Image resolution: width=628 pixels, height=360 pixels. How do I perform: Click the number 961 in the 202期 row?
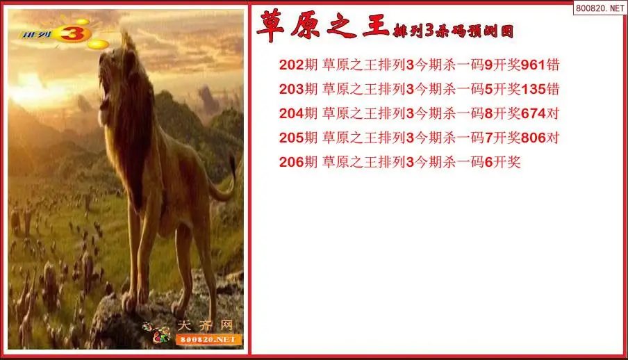coord(533,65)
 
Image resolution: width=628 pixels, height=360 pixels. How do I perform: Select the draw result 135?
coord(533,89)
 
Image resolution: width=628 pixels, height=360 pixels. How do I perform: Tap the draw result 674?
coord(533,113)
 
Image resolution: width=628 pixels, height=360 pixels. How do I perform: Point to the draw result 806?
coord(533,138)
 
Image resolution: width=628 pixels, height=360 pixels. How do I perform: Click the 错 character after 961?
coord(553,65)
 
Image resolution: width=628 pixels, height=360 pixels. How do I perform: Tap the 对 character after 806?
coord(553,138)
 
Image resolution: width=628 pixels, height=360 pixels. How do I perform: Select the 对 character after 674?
coord(553,113)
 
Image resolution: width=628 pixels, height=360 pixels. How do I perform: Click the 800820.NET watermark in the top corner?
coord(600,8)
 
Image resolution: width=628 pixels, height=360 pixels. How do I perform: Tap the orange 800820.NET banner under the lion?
coord(208,340)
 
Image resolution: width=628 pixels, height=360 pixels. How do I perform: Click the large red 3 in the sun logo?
coord(72,33)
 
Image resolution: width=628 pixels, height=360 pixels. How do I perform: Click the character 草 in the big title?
coord(271,26)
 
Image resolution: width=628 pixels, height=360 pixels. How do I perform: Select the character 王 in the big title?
coord(376,26)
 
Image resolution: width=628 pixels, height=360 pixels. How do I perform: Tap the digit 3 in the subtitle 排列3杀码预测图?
coord(429,31)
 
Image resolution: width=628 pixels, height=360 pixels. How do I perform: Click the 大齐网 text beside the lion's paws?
coord(205,325)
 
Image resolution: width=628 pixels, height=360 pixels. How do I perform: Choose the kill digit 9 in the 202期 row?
coord(488,65)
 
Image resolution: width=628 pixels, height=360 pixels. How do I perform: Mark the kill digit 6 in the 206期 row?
coord(488,162)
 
